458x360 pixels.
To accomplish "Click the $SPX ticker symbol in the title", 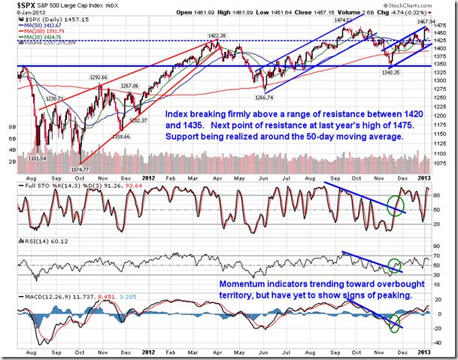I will [x=18, y=5].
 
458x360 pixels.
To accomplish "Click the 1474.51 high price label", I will [x=347, y=20].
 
